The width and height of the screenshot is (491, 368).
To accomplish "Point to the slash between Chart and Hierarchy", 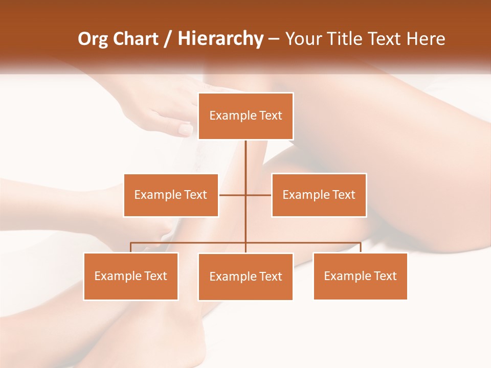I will [168, 39].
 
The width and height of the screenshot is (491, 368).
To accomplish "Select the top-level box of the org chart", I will [245, 116].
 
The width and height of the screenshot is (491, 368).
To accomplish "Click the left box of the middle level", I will [171, 195].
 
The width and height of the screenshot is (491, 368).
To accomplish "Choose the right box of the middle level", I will [319, 195].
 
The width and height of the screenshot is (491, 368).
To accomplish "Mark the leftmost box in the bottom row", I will [130, 277].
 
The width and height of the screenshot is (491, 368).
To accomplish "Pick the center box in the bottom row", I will [245, 277].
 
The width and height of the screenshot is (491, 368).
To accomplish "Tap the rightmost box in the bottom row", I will [360, 277].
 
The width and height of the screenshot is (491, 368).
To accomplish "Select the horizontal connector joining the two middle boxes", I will [245, 195].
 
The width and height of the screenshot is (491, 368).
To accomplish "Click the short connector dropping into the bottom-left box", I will [130, 247].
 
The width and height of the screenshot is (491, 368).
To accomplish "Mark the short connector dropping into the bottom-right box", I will [361, 247].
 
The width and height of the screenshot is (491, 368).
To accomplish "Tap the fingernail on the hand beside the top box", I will [185, 129].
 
